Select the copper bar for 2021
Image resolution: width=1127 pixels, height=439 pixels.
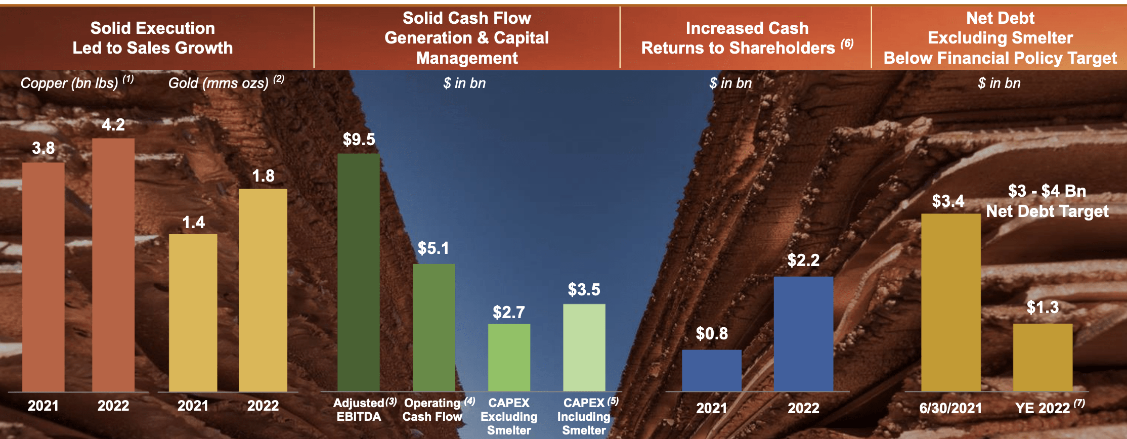click(44, 277)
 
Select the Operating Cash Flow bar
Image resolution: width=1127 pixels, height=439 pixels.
click(434, 327)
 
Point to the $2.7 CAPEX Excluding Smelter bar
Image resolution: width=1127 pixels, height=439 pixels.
click(509, 357)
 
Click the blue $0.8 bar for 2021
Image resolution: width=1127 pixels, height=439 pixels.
click(712, 370)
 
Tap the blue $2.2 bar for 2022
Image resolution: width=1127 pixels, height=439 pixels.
click(803, 334)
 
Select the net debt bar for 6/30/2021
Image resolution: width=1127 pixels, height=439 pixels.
click(951, 302)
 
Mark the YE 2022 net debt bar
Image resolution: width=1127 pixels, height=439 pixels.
click(1043, 357)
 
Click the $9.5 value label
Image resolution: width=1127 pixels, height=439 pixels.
click(359, 140)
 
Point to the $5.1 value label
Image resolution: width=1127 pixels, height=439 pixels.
click(434, 248)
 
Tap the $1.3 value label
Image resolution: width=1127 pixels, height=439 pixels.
click(1043, 308)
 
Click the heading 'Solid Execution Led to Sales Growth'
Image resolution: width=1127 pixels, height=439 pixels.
click(153, 38)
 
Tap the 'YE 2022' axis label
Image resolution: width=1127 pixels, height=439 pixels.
click(1043, 408)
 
